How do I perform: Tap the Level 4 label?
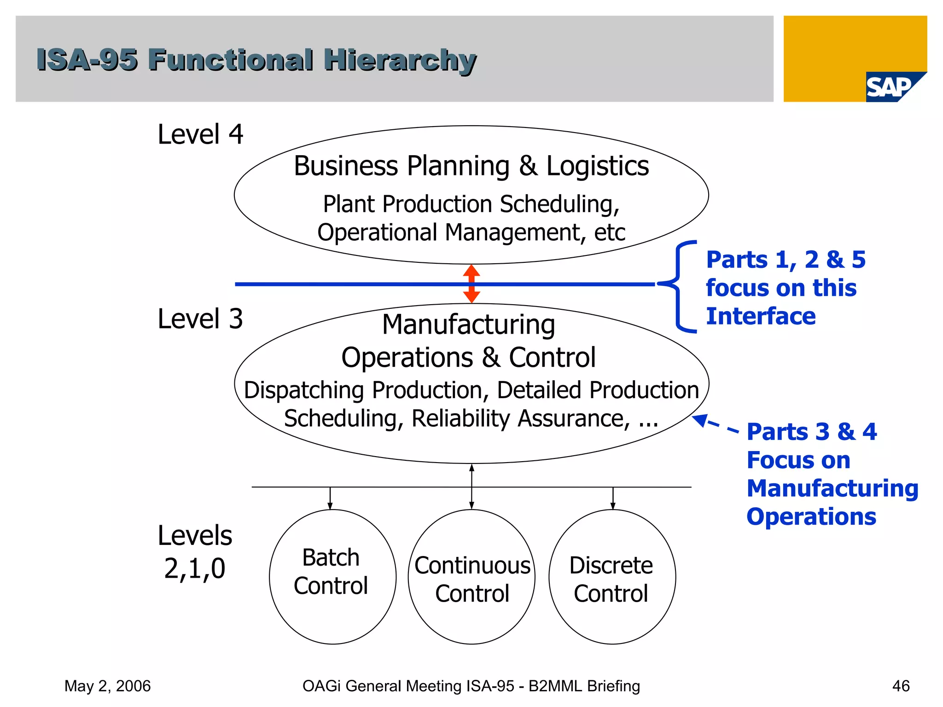(200, 134)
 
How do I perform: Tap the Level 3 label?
(200, 319)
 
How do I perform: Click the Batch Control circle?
(332, 576)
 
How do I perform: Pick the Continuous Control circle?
(471, 577)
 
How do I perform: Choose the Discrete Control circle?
(612, 577)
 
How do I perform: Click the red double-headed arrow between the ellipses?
(471, 284)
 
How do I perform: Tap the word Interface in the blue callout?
(761, 317)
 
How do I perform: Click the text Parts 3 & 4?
(811, 432)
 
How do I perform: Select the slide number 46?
(901, 686)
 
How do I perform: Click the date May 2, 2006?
(107, 686)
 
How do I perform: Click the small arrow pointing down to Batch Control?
(330, 498)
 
